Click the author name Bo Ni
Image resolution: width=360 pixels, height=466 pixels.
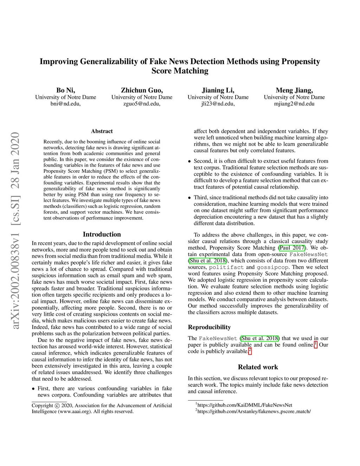click(65, 90)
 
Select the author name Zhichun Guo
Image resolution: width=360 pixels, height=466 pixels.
click(142, 90)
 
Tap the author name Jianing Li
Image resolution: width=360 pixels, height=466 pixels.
click(218, 90)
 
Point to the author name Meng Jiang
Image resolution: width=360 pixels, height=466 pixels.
click(294, 90)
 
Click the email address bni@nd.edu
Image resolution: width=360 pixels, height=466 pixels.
click(65, 104)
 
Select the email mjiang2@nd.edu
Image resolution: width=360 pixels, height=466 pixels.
click(294, 104)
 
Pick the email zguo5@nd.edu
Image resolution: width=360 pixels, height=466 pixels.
click(142, 104)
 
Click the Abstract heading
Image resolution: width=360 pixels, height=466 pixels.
click(102, 131)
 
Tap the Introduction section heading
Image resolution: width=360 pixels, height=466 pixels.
click(102, 234)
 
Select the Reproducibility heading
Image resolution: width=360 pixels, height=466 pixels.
click(209, 327)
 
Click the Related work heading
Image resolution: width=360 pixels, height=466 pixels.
click(258, 367)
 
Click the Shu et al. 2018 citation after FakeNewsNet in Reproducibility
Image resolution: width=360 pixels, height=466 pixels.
click(260, 338)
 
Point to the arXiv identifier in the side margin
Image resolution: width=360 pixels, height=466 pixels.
click(15, 230)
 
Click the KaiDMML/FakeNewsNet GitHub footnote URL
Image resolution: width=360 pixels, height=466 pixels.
click(245, 405)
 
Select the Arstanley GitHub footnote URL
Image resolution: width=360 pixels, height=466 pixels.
click(254, 411)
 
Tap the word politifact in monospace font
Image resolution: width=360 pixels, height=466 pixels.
click(226, 267)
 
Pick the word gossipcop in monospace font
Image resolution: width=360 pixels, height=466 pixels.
click(272, 267)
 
